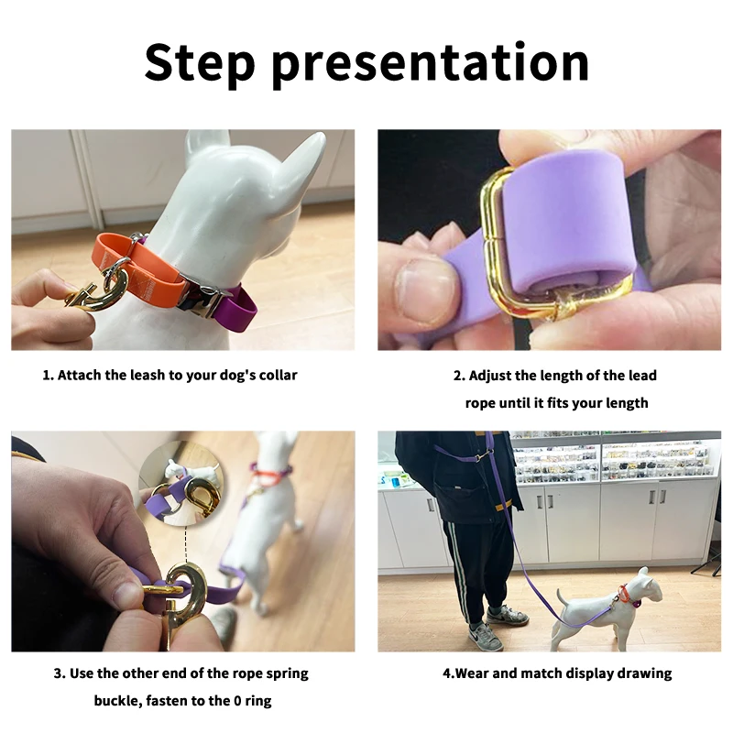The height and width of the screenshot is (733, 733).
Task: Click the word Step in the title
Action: point(200,63)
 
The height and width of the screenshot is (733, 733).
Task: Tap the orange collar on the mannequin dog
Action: point(139,268)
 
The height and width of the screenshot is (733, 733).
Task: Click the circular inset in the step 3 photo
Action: point(181,484)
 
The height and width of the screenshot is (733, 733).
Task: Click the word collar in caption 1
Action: point(279,375)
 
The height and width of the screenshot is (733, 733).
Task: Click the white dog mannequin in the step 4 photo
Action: point(607,607)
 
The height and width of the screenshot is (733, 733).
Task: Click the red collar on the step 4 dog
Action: point(623,593)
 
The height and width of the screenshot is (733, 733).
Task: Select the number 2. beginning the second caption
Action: point(459,376)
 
